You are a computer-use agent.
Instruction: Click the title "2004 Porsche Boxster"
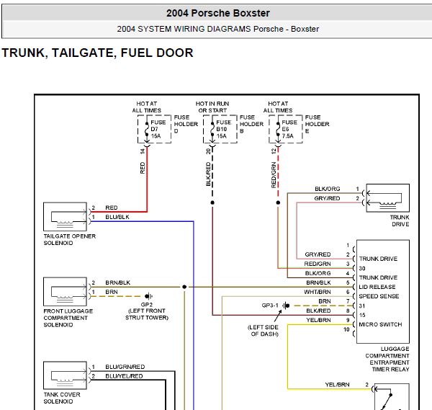coord(218,13)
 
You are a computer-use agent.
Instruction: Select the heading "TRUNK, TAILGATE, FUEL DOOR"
coord(97,53)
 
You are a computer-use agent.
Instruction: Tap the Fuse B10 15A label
coord(224,129)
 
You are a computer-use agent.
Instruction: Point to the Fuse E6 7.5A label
coord(289,129)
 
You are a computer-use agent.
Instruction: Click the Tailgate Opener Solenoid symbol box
coord(65,217)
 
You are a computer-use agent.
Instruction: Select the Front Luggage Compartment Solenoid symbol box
coord(65,291)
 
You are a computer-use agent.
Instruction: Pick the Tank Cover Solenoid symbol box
coord(65,375)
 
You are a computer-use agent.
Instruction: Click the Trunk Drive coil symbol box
coord(387,198)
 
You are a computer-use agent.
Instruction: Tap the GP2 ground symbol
coord(149,296)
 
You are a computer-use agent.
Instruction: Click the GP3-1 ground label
coord(270,306)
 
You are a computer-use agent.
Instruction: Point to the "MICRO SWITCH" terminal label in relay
coord(380,324)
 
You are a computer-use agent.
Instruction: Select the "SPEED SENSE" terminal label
coord(379,296)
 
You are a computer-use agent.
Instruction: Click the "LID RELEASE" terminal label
coord(377,287)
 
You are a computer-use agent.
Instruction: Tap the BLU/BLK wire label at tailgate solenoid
coord(117,217)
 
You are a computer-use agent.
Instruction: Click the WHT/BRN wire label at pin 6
coord(318,292)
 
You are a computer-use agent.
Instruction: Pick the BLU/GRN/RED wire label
coord(125,367)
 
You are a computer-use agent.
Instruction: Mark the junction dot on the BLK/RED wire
coord(212,202)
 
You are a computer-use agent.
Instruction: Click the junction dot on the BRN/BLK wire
coord(184,287)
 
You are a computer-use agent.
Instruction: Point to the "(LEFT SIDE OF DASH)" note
coord(263,331)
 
